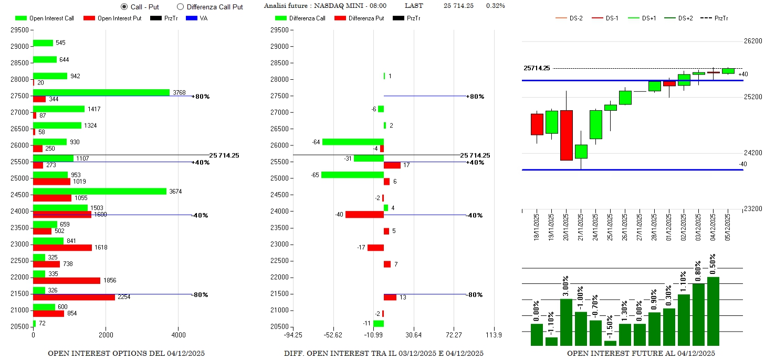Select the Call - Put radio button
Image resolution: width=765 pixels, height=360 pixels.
124,7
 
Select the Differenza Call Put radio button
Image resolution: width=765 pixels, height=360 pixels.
180,7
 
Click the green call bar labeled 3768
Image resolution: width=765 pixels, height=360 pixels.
101,92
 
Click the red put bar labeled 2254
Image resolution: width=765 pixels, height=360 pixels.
74,297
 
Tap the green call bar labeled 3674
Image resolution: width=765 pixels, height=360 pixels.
100,192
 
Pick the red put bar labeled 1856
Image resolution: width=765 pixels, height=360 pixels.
66,281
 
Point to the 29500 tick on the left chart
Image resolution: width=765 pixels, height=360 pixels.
19,30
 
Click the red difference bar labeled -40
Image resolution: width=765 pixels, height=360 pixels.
364,215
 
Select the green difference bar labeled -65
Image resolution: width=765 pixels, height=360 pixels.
352,175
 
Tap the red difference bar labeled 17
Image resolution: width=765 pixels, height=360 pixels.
392,165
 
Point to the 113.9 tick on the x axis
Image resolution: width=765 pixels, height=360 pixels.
494,335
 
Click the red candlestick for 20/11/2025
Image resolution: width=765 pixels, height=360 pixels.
567,135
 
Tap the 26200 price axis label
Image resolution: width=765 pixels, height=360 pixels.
752,41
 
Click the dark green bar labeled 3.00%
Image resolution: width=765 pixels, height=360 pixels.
566,322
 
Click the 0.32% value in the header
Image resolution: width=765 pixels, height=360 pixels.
495,6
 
